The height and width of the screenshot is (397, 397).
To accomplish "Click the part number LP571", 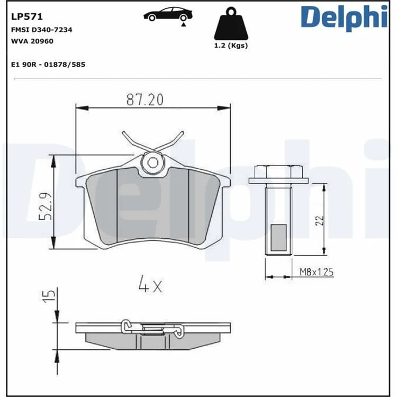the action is pyautogui.click(x=27, y=17).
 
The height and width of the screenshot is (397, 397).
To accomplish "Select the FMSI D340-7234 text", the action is pyautogui.click(x=41, y=30).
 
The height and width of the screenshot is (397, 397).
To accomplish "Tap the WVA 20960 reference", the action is pyautogui.click(x=32, y=41).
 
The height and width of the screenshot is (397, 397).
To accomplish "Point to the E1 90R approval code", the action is pyautogui.click(x=48, y=65).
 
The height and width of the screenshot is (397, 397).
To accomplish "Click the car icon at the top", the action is pyautogui.click(x=168, y=15).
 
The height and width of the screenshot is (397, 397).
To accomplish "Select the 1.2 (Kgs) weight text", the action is pyautogui.click(x=231, y=46).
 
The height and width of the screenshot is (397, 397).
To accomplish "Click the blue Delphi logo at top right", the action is pyautogui.click(x=344, y=17).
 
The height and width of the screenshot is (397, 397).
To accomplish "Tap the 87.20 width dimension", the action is pyautogui.click(x=145, y=100).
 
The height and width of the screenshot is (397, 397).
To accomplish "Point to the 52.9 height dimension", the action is pyautogui.click(x=46, y=206).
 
